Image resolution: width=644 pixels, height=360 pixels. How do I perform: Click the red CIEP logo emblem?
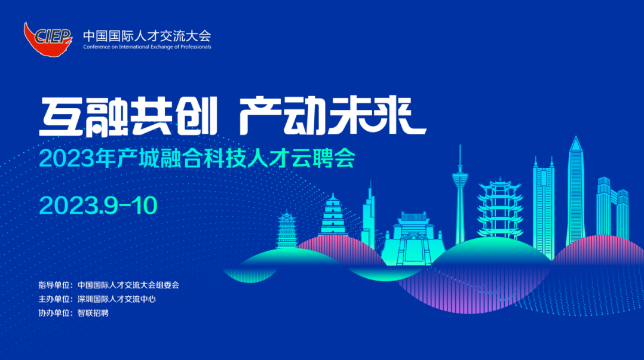[48, 39]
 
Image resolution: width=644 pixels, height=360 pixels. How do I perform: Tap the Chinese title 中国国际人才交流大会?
[147, 36]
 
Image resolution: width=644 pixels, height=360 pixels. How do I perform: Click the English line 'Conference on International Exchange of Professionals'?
[147, 47]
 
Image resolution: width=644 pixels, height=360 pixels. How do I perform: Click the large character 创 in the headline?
[195, 116]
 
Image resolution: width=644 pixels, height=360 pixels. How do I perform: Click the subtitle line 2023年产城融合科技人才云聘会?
[197, 158]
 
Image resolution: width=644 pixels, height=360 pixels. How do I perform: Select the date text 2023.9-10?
[98, 205]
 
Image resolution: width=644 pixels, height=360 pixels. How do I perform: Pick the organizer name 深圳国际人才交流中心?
[116, 299]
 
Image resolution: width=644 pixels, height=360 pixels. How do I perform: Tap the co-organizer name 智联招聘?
[93, 313]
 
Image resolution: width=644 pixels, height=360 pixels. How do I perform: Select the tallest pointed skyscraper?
[576, 191]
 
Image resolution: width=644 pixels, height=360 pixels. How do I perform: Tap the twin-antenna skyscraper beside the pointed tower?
[544, 207]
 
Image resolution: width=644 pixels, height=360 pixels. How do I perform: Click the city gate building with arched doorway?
[413, 238]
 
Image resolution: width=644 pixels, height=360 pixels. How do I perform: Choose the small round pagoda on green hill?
[287, 229]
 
